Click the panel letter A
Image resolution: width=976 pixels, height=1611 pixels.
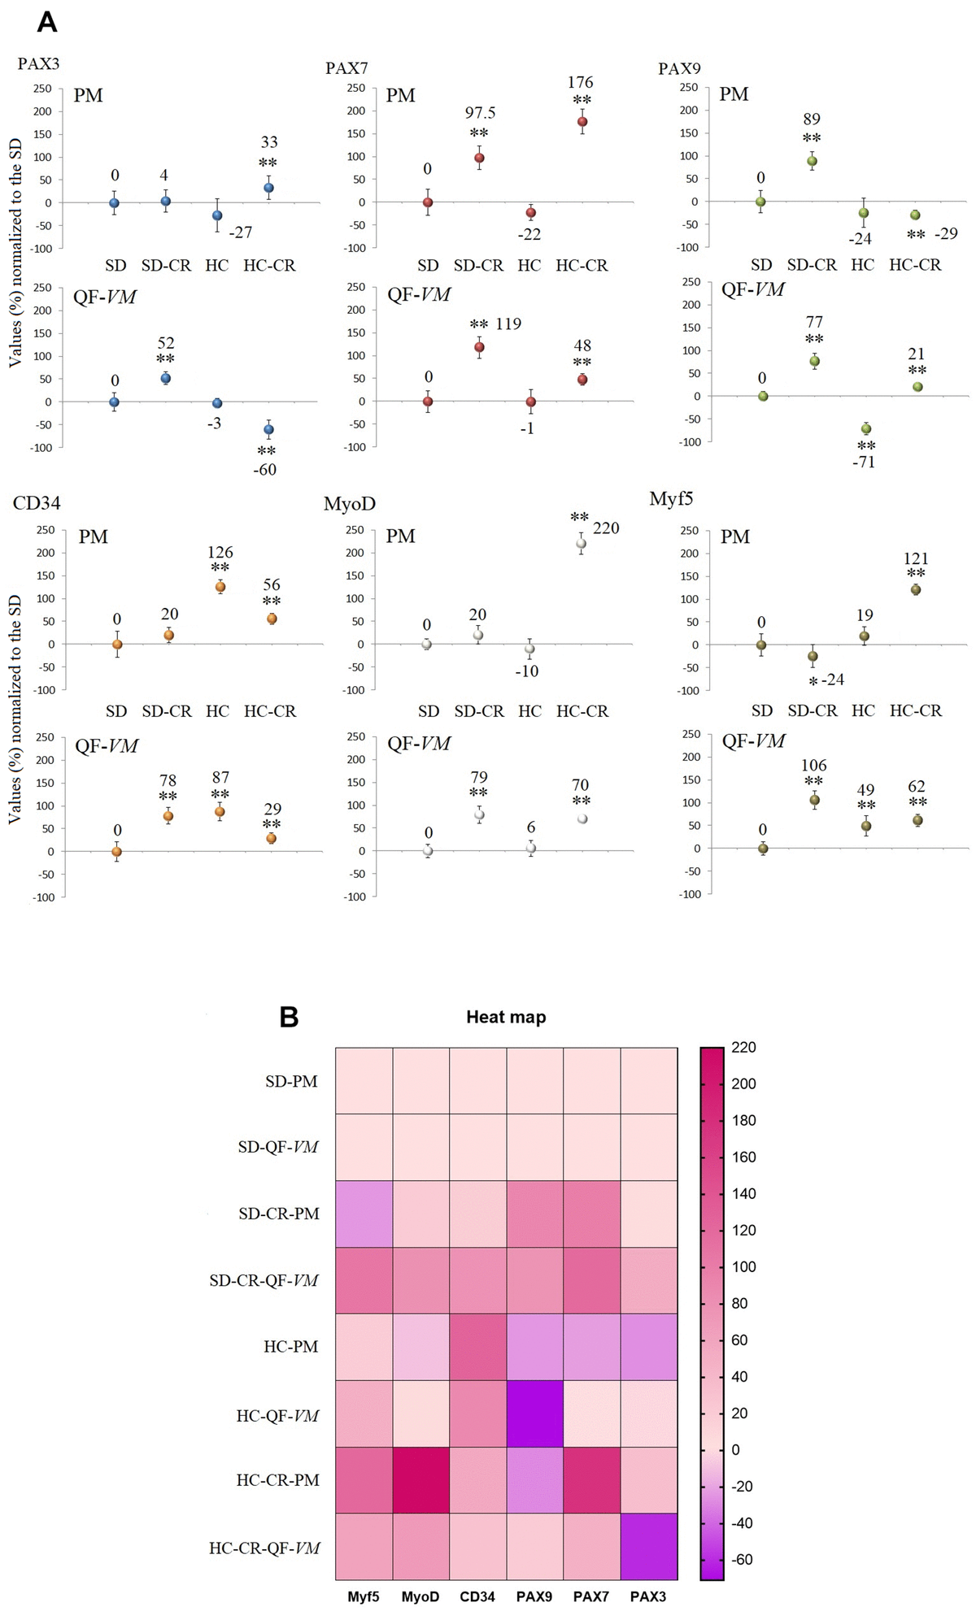tap(47, 22)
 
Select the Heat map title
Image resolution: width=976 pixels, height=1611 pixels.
tap(506, 1017)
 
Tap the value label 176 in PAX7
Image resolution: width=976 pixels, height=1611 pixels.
tap(580, 82)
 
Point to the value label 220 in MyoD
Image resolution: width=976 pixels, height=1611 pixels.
tap(606, 528)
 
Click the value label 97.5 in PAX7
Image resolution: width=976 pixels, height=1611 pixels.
tap(480, 113)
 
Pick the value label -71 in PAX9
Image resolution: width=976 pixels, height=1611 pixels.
tap(864, 462)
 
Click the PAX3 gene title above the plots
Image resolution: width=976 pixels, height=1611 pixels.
tap(38, 63)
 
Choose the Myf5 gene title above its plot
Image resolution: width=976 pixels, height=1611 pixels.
tap(671, 499)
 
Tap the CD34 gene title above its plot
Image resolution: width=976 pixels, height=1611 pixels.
tap(37, 503)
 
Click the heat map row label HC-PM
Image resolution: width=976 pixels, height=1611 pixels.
tap(290, 1347)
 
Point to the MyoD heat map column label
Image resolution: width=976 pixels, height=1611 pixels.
tap(420, 1596)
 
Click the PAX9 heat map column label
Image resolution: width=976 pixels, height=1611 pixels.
tap(534, 1596)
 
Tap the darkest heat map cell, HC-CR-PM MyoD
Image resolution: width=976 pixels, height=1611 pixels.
tap(421, 1479)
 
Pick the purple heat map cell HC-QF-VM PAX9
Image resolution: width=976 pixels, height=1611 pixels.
tap(534, 1413)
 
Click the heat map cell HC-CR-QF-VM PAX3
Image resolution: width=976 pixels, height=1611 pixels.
tap(648, 1546)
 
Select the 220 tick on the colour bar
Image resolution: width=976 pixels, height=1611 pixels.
tap(744, 1047)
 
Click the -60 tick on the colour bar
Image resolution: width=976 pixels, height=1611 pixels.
tap(742, 1559)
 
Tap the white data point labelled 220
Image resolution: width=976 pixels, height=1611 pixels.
tap(581, 544)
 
